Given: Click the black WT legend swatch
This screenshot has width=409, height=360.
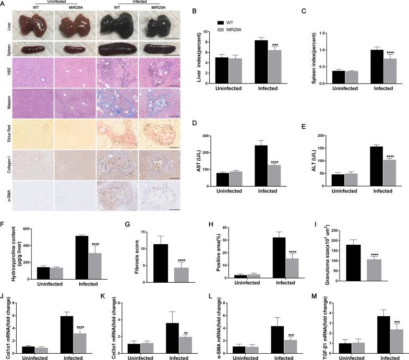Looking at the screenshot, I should pyautogui.click(x=222, y=22).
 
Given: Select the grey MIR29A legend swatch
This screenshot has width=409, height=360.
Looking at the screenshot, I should pyautogui.click(x=222, y=29).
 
